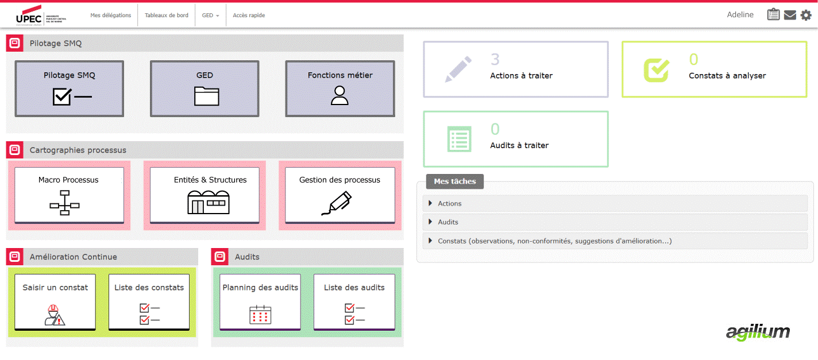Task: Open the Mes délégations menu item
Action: [x=111, y=16]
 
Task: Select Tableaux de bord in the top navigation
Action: [x=166, y=16]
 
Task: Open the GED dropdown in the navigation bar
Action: [x=210, y=16]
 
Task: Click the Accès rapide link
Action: [x=249, y=16]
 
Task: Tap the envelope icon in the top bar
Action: [x=790, y=15]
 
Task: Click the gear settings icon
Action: [x=806, y=15]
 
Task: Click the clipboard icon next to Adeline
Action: [x=773, y=15]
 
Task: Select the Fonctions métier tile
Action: [x=340, y=88]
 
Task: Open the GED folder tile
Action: [x=204, y=88]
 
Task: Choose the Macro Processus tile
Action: [x=69, y=195]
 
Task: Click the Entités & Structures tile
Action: [x=204, y=195]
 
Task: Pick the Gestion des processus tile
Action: [x=340, y=195]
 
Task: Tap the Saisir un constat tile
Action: [x=55, y=302]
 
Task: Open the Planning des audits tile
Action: [x=260, y=302]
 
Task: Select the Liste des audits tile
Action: [x=354, y=302]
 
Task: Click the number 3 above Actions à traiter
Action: [x=495, y=59]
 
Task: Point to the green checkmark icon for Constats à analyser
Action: [x=656, y=69]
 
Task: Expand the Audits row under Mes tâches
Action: [x=448, y=222]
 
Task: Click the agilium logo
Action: [x=758, y=332]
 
